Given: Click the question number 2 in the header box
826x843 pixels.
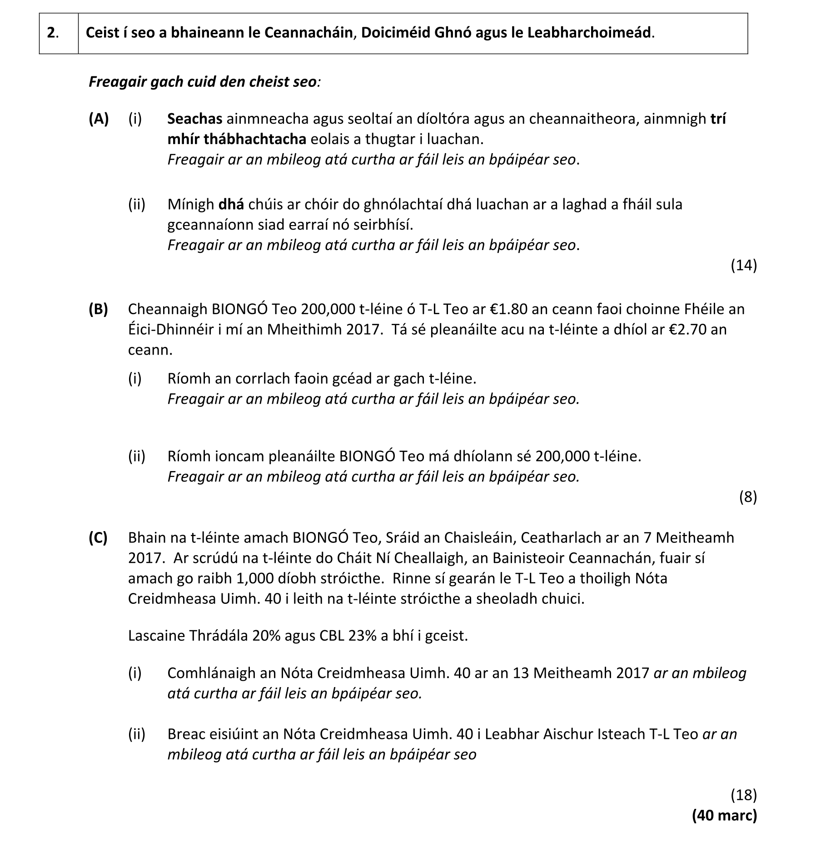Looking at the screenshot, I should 52,33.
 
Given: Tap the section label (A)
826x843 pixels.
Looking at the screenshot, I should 99,119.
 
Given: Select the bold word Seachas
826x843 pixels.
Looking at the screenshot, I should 194,119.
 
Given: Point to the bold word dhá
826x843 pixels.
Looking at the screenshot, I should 231,205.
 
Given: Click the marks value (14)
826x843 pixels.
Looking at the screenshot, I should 743,265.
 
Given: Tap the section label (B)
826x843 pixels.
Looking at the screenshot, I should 99,309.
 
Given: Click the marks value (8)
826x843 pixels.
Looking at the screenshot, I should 748,497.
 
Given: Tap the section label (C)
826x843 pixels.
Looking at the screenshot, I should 99,538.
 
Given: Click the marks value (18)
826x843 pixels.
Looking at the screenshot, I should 743,795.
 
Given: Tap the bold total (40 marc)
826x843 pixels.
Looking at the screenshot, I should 724,815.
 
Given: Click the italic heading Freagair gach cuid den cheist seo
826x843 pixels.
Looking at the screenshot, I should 203,82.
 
